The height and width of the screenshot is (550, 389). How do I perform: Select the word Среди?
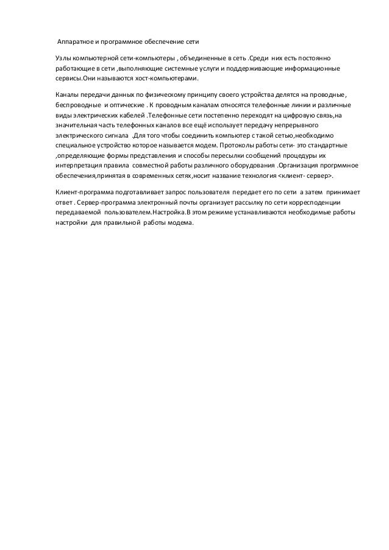pyautogui.click(x=257, y=58)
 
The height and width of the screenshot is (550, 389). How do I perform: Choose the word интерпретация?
pyautogui.click(x=79, y=164)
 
